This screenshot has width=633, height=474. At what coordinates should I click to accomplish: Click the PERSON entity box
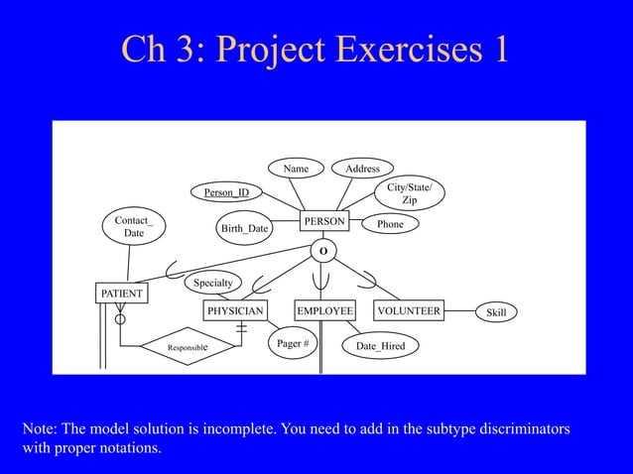click(325, 219)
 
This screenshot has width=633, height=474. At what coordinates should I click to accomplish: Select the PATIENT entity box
click(121, 294)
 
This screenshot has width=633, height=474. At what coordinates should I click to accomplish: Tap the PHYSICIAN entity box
click(235, 311)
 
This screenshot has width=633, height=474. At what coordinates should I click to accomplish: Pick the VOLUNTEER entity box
click(408, 311)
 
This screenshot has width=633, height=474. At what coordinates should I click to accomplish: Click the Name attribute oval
click(296, 169)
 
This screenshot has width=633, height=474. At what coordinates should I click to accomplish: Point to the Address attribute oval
click(362, 169)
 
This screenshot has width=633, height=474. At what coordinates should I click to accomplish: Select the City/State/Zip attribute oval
click(409, 193)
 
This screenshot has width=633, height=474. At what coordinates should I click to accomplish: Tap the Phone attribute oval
click(390, 225)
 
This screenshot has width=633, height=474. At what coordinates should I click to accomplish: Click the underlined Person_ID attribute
click(226, 191)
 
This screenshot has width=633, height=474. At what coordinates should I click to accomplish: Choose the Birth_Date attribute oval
click(244, 229)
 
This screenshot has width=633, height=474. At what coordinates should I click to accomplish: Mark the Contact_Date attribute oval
click(133, 226)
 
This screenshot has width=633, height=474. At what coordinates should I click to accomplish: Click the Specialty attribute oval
click(212, 283)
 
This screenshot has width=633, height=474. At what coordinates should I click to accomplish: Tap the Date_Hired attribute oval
click(380, 345)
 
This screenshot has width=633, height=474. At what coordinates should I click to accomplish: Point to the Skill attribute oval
click(496, 312)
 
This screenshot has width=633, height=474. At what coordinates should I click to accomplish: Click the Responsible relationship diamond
click(188, 348)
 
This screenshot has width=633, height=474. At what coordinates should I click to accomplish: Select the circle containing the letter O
click(321, 251)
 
